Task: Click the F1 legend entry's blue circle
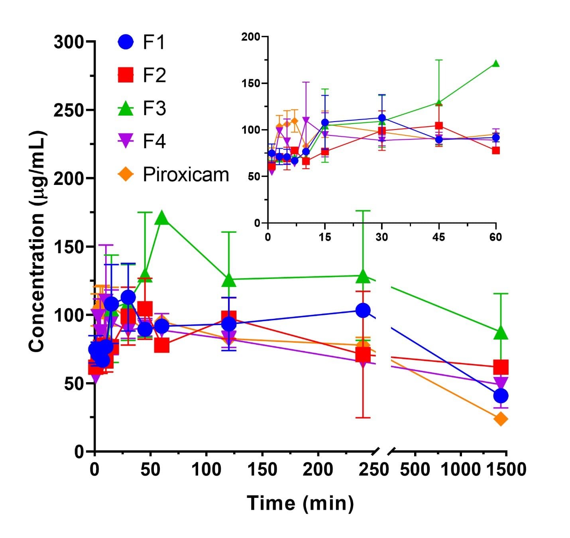tap(126, 42)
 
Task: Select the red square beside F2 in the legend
tap(126, 75)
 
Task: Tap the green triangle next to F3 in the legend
tap(126, 108)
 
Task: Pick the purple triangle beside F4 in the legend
tap(126, 141)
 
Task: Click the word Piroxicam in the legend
tap(186, 175)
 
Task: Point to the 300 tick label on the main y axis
tap(69, 42)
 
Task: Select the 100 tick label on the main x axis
tap(206, 469)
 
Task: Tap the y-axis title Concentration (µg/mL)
tap(37, 241)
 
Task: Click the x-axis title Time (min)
tap(300, 503)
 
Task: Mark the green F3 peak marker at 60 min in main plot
tap(161, 218)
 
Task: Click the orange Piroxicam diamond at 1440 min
tap(501, 419)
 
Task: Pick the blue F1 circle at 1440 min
tap(501, 396)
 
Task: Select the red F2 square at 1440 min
tap(501, 367)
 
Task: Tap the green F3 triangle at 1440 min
tap(501, 333)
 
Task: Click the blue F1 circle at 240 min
tap(363, 310)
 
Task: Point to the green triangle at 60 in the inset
tap(495, 64)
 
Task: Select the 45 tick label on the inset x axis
tap(438, 237)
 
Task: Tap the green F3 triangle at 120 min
tap(229, 280)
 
